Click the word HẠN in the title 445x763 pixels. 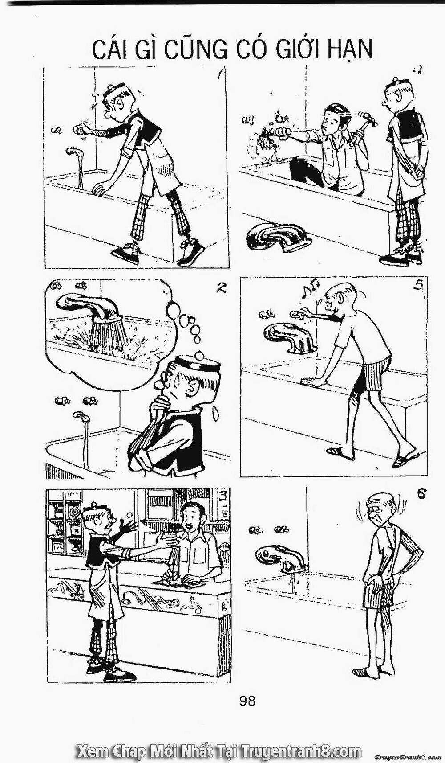tap(350, 49)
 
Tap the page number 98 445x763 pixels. tap(247, 701)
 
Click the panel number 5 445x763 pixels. tap(417, 286)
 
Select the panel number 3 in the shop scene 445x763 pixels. tap(224, 495)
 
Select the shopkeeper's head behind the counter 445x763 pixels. tap(192, 517)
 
